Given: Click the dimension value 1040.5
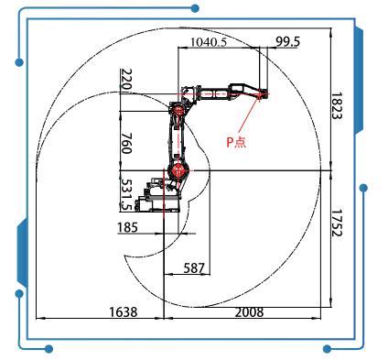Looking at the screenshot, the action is pos(209,42).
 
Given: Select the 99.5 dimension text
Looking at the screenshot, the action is pos(287,41).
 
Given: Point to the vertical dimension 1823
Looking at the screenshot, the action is pos(337,106).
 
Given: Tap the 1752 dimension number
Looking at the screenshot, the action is pos(337,223).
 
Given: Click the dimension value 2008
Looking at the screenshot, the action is pos(249,312).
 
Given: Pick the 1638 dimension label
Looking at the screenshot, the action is pos(124,312).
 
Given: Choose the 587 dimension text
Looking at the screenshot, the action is pos(194,268).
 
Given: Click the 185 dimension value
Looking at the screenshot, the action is pos(127,227).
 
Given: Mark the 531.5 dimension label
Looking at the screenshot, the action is pos(126,194).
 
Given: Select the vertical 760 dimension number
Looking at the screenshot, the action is pos(126,143).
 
